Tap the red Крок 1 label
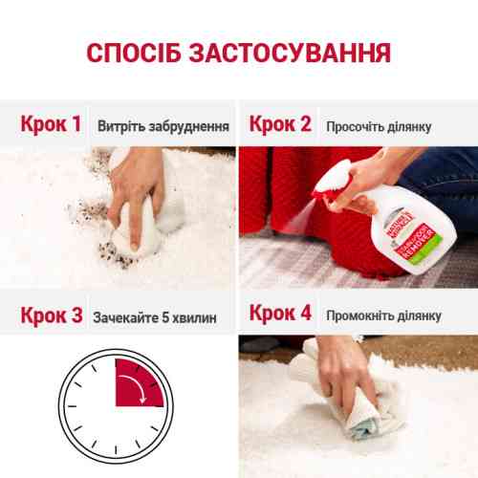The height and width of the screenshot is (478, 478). point(51,124)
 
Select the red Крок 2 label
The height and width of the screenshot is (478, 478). point(280,124)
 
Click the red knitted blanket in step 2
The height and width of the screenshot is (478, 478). point(287,191)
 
